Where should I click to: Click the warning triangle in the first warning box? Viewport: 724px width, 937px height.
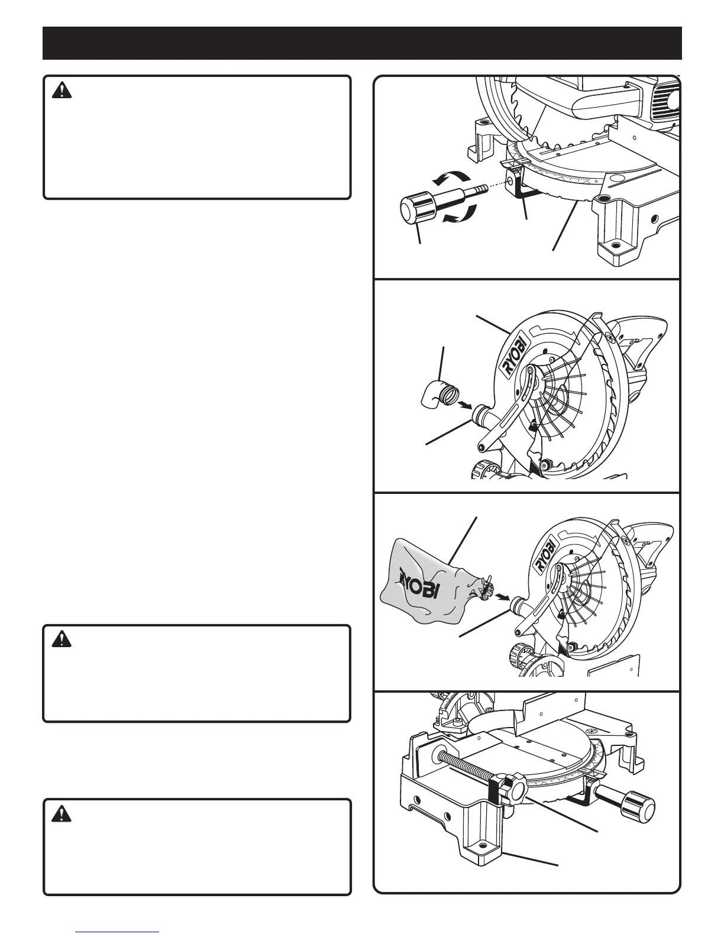[62, 91]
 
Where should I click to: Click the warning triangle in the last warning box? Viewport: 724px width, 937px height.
[62, 815]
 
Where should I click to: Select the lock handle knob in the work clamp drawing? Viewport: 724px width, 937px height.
[639, 808]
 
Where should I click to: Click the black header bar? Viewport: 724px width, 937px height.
[362, 43]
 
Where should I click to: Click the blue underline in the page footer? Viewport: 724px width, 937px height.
[118, 932]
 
